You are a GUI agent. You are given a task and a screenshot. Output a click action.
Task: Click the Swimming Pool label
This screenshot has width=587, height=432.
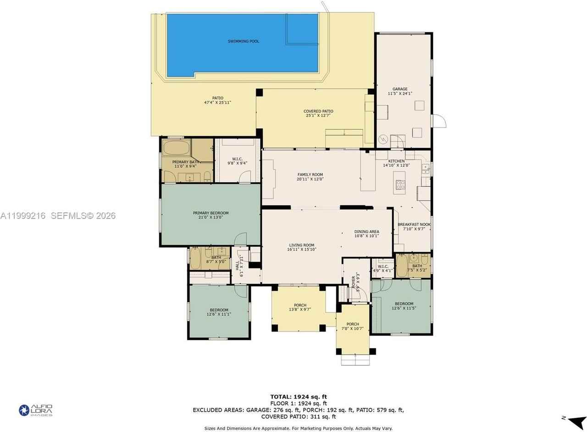coord(244,41)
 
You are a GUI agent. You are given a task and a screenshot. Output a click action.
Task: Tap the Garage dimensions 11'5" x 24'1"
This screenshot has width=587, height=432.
coord(400,93)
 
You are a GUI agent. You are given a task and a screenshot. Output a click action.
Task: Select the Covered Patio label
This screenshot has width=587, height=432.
coord(318,111)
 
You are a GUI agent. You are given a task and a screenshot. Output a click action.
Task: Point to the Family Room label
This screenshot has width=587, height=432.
coord(310,175)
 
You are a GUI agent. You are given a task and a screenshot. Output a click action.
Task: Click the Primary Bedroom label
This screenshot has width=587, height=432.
coord(210,213)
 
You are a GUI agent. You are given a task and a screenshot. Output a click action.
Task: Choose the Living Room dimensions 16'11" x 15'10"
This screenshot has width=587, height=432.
coord(302,250)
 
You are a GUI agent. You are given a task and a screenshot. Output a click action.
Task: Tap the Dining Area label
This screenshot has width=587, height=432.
coord(366,232)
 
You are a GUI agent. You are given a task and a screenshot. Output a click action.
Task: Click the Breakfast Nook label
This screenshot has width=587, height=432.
coord(414,224)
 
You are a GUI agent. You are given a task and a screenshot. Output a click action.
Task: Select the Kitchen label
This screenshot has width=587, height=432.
coord(396,161)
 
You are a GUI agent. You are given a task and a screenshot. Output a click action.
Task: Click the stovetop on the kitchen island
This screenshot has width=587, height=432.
coord(400,185)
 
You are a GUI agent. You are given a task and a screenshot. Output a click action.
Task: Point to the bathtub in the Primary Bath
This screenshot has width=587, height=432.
coord(177,148)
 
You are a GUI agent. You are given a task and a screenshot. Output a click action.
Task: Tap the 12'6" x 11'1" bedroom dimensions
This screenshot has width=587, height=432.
coord(219,314)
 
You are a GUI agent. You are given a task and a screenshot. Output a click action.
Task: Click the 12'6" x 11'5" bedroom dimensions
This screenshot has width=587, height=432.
coord(404,308)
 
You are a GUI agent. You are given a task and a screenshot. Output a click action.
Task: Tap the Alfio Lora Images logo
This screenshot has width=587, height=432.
coord(36,410)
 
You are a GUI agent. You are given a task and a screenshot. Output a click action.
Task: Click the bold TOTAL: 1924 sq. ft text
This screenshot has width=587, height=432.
coord(299,397)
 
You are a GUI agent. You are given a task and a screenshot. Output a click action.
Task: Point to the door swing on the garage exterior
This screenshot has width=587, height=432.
coord(439,121)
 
